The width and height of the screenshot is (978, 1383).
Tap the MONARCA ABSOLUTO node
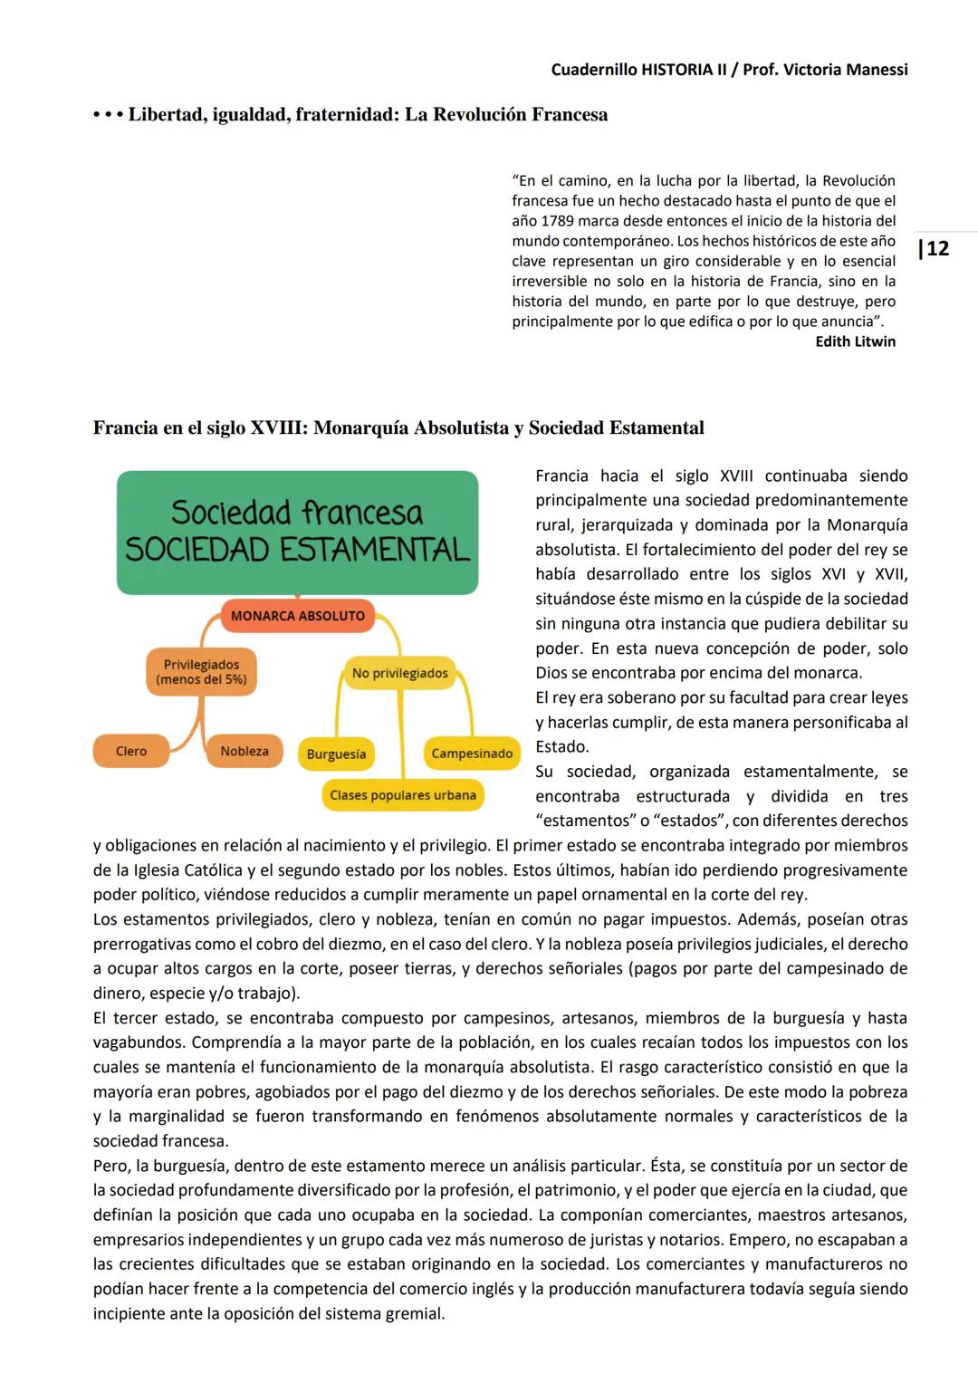pos(297,616)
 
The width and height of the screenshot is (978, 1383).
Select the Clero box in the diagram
pos(131,752)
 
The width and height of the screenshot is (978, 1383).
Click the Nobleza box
pos(244,752)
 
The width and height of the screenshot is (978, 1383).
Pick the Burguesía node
pos(336,754)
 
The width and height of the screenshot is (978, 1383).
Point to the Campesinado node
pos(472,754)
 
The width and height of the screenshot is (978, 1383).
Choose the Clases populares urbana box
pos(403,795)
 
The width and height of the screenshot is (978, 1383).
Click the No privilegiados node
pos(399,674)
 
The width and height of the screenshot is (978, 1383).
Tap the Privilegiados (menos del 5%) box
pos(201,672)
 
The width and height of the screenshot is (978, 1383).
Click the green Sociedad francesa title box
pos(297,532)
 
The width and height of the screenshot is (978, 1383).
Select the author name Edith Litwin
pos(855,341)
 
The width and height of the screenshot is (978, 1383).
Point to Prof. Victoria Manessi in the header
pos(825,70)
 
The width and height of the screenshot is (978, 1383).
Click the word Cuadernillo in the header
pos(593,70)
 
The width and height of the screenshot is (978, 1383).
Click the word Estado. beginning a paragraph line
pos(561,747)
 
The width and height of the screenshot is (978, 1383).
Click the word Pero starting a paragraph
pos(110,1166)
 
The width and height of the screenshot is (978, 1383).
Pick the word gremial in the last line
pos(417,1313)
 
